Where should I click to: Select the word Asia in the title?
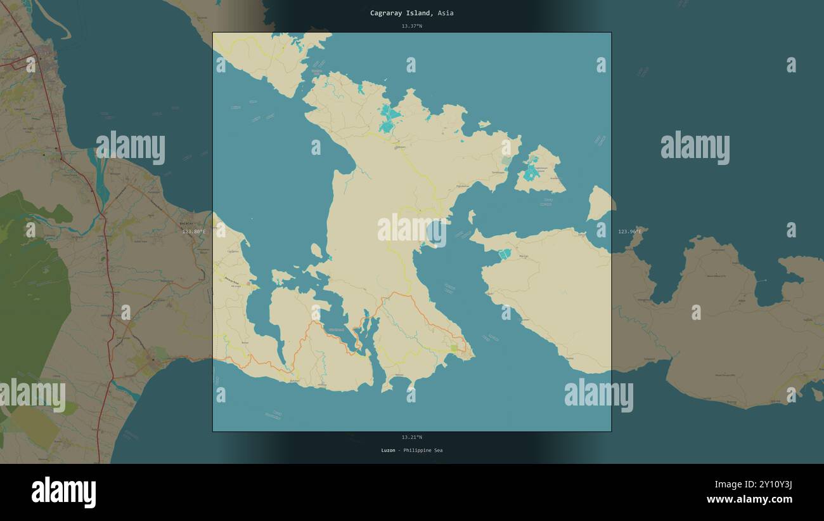(445, 13)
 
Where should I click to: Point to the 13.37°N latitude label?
(411, 26)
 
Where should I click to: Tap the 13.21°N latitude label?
(411, 437)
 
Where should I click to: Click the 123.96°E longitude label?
(629, 232)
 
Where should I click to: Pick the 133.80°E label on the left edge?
(194, 232)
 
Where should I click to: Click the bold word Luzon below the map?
(388, 451)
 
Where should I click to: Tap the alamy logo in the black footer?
(63, 492)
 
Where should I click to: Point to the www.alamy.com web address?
(749, 499)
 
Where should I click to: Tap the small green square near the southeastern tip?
(454, 348)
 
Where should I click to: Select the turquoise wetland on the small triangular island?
(531, 171)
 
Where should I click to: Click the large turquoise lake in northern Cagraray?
(389, 119)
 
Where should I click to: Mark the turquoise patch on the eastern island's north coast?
(505, 254)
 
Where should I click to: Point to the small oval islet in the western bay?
(316, 251)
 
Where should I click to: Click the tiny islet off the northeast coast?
(484, 124)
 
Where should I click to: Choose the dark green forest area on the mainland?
(32, 286)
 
